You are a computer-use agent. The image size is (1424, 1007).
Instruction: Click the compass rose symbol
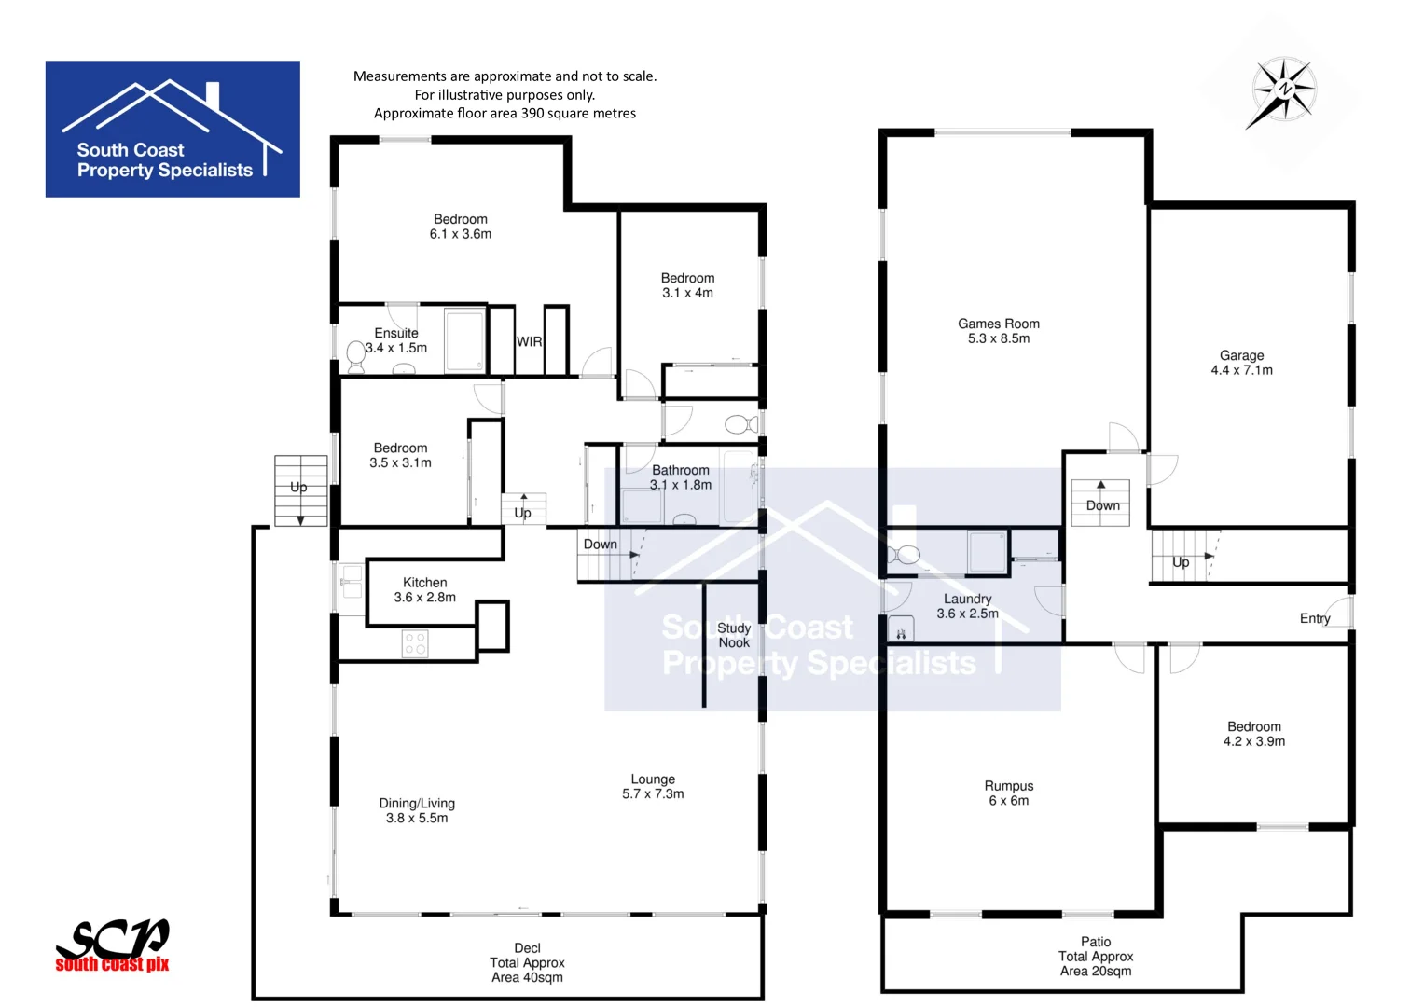[1284, 90]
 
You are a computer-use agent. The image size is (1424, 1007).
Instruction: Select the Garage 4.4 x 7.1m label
[1241, 363]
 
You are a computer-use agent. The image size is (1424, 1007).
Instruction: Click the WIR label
[529, 341]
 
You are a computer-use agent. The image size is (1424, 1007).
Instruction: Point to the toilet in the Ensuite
[355, 354]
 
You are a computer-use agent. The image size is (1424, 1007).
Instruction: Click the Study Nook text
[734, 635]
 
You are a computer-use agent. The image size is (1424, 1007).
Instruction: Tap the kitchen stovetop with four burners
[415, 643]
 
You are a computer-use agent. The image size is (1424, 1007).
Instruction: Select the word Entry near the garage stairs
[1315, 618]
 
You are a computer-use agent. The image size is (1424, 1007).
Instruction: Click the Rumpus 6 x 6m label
[1009, 793]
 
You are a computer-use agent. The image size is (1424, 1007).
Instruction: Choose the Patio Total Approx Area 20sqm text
[1096, 957]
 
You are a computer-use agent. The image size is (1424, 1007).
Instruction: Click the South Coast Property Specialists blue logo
[173, 129]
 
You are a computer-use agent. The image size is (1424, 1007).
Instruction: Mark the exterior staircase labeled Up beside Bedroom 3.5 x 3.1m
[300, 490]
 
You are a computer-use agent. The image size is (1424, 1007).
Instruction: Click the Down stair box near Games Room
[1100, 503]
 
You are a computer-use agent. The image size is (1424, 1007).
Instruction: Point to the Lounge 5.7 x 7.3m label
[653, 786]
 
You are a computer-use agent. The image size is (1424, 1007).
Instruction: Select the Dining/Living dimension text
[417, 818]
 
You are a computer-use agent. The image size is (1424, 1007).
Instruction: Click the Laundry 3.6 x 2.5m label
[967, 606]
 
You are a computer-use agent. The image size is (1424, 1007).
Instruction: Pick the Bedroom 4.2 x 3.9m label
[1253, 734]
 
